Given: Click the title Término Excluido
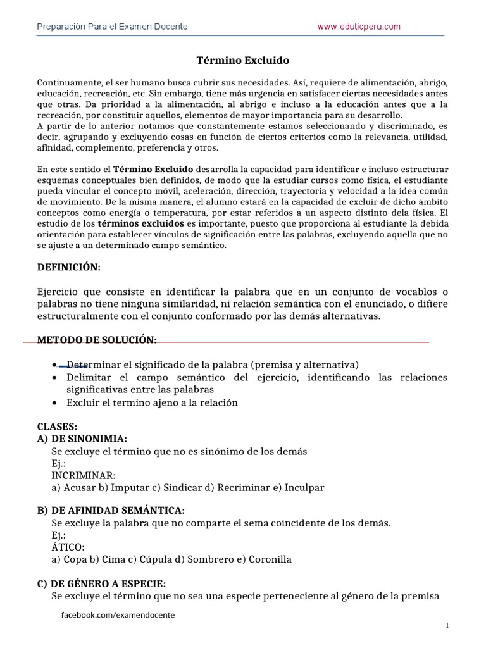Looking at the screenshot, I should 243,61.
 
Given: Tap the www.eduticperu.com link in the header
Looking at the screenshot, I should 359,27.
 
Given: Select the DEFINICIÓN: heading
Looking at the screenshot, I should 69,267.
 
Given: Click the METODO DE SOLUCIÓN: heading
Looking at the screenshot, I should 97,340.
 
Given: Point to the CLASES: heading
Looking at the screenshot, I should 58,427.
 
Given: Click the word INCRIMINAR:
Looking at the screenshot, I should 84,475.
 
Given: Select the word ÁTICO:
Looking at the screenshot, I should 67,547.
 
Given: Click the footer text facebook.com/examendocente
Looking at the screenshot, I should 118,615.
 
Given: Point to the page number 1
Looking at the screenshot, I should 447,626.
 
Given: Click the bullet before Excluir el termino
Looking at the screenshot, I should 56,403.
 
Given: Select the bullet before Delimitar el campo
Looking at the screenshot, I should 56,378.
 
